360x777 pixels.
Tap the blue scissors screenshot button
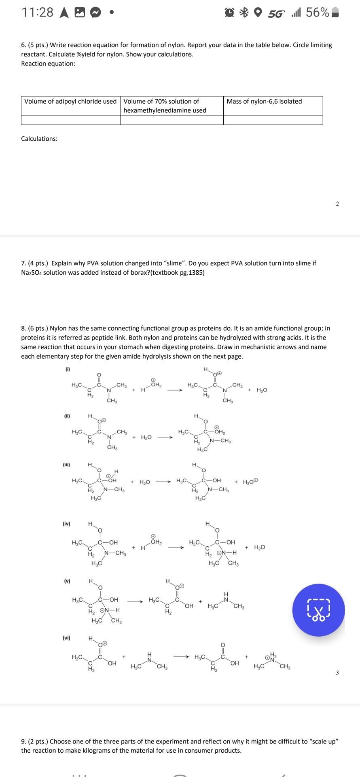tap(318, 610)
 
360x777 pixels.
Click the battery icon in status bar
tap(335, 13)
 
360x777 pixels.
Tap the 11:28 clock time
tap(37, 13)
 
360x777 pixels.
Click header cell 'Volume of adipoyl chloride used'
tap(70, 101)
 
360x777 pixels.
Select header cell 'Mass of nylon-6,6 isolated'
tap(264, 101)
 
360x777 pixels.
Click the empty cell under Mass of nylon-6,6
tap(273, 120)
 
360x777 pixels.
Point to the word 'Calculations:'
tap(39, 139)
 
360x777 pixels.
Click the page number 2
tap(337, 204)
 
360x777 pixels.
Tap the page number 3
tap(337, 673)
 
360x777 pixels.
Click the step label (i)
tap(67, 369)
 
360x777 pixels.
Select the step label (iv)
tap(66, 524)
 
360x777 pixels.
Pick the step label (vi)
tap(66, 638)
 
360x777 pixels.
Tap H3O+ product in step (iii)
tap(250, 482)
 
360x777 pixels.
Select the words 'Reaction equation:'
tap(48, 64)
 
